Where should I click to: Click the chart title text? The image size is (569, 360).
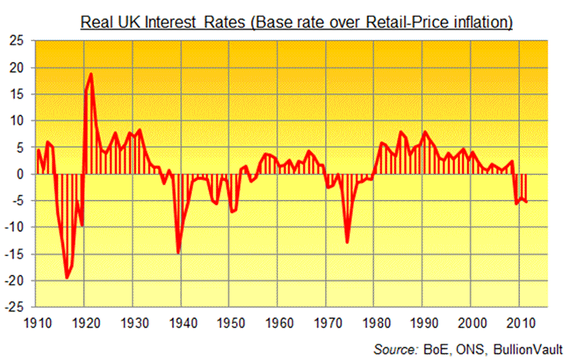click(297, 22)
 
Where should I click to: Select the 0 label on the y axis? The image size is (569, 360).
click(22, 174)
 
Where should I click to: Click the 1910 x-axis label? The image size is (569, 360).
click(36, 322)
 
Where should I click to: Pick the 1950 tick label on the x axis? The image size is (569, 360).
click(229, 322)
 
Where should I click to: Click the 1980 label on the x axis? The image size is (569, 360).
click(374, 322)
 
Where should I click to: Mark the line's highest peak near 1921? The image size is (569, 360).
click(91, 74)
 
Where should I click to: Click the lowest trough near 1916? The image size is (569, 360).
click(67, 278)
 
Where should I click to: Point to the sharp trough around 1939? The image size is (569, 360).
click(178, 253)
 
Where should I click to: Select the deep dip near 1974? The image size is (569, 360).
click(347, 243)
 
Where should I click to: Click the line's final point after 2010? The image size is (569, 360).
click(526, 202)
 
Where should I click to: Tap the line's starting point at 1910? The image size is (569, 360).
click(38, 149)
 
